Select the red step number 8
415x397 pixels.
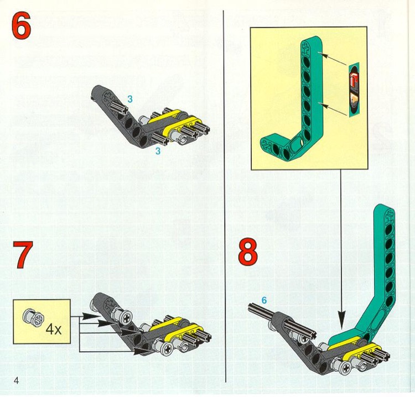pos(247,252)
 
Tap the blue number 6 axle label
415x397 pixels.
pos(264,300)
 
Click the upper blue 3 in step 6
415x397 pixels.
pos(130,99)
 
